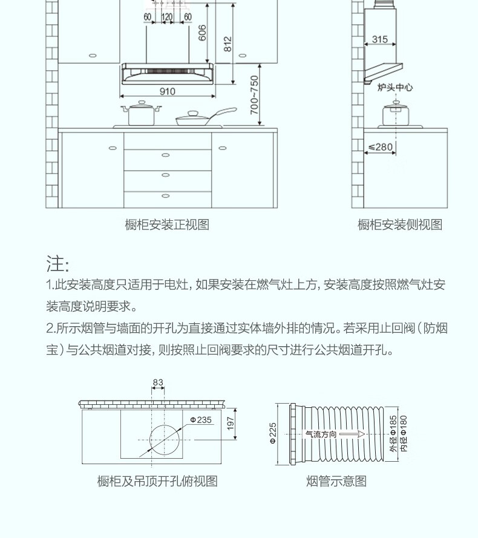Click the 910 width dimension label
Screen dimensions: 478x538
coord(167,91)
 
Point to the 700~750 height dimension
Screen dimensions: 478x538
coord(255,95)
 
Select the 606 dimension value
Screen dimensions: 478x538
coord(203,33)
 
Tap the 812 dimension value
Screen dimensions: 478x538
coord(228,44)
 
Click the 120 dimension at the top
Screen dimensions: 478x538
coord(166,16)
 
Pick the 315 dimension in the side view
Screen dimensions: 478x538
coord(379,39)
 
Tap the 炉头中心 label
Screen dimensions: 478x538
coord(395,88)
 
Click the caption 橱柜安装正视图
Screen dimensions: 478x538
coord(167,225)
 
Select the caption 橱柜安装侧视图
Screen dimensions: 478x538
coord(400,225)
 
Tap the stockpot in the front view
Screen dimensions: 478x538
coord(142,113)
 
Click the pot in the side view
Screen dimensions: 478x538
coord(396,113)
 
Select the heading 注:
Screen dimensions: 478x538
coord(58,264)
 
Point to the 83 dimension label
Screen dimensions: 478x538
coord(158,382)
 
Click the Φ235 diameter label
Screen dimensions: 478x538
coord(201,419)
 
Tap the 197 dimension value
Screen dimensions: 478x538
coord(231,423)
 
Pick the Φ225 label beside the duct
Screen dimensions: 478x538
coord(273,433)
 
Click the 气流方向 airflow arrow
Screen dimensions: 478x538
coord(333,434)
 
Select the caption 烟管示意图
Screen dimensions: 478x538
coord(336,482)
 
